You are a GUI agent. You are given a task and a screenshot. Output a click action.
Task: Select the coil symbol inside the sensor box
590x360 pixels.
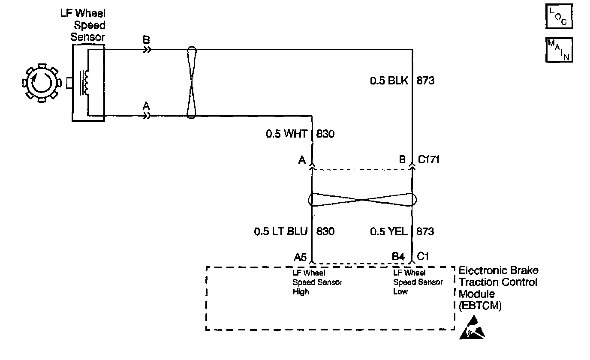(x=86, y=83)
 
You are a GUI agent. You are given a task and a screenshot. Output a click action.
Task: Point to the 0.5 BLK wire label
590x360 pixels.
(x=388, y=80)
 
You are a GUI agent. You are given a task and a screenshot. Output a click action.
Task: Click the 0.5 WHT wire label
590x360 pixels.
(x=286, y=134)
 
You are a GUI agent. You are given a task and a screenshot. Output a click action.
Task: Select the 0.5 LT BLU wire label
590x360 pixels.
(x=281, y=231)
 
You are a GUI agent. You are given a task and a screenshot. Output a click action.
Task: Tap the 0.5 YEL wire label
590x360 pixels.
(x=388, y=231)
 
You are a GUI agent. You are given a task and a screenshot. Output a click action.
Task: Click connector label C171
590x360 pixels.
(x=428, y=160)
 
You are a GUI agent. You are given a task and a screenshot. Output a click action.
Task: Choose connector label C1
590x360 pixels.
(x=423, y=256)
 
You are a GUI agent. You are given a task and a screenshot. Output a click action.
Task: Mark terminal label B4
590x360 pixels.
(x=398, y=256)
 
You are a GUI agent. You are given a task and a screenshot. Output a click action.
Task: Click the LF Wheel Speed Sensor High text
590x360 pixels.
(x=317, y=282)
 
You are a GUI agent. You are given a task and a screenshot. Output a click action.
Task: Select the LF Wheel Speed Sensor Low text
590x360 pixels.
(x=418, y=282)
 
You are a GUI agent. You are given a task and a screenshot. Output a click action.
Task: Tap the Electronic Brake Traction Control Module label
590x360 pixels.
(x=498, y=288)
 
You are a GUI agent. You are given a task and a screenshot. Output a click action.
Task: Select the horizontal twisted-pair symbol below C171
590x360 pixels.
(x=362, y=200)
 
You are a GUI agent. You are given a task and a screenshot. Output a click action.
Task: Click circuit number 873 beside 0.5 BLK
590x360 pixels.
(x=425, y=80)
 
